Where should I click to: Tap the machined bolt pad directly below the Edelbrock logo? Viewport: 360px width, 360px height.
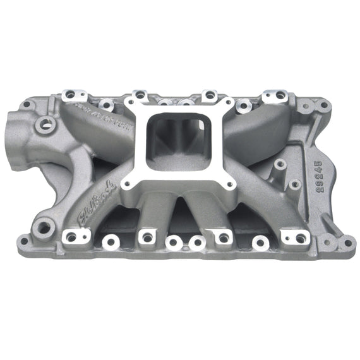(70, 237)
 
